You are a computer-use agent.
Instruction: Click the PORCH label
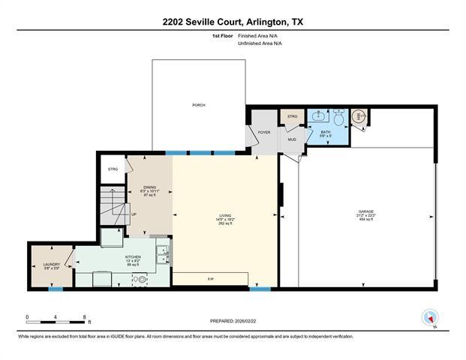pos(199,105)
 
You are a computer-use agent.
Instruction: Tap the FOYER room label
pos(263,133)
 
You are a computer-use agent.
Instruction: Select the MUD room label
pos(291,139)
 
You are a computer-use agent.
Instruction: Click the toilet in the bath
pos(338,118)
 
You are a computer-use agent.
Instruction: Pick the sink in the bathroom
pos(320,117)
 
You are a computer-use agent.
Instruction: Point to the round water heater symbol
pos(359,116)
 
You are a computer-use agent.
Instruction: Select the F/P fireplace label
pos(211,279)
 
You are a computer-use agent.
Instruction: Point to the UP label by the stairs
pos(134,214)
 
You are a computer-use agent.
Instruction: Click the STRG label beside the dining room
pos(113,169)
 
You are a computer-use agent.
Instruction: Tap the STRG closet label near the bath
pos(292,116)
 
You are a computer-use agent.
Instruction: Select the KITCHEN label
pos(133,256)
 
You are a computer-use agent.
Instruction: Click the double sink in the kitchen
pos(163,256)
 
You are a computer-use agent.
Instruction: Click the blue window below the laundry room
pos(55,289)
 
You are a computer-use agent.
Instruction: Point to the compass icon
pos(430,318)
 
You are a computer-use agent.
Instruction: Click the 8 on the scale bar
pos(85,318)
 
